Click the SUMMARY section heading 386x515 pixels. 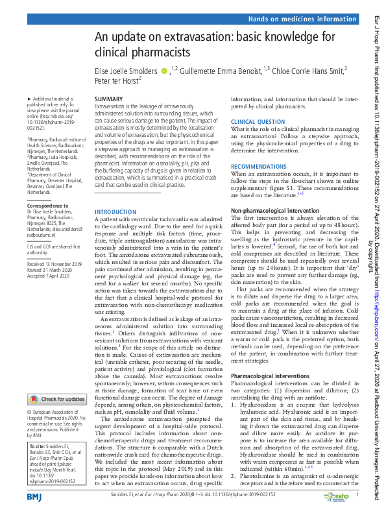108,99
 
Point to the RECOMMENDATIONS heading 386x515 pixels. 258,167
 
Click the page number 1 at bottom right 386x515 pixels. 357,496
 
